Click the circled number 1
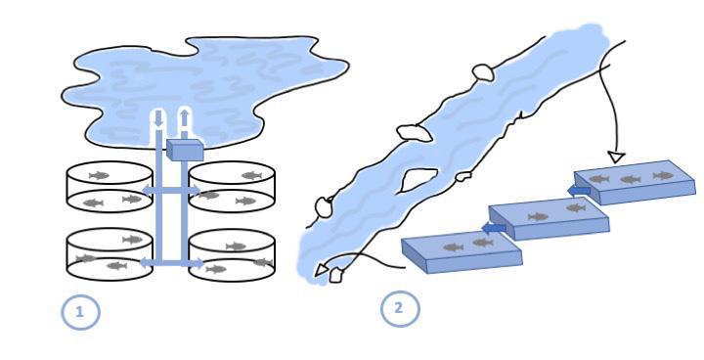(80, 311)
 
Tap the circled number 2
(400, 308)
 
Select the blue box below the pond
(185, 150)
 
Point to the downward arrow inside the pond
(158, 118)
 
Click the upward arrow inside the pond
(184, 117)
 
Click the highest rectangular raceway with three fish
(635, 182)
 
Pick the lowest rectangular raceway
(462, 251)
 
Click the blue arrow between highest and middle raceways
(579, 191)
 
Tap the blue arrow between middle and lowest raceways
(493, 228)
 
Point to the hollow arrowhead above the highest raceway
(616, 157)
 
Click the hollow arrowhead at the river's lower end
(321, 270)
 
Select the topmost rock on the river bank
(483, 72)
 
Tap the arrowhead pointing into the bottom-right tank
(198, 263)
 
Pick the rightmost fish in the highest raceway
(663, 175)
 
